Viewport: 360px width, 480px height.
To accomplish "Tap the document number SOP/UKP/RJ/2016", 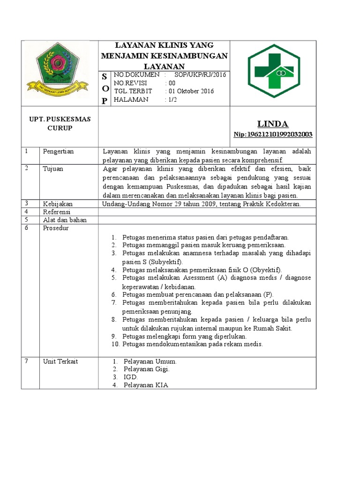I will (x=200, y=75).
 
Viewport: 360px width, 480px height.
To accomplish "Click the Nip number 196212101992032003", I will (x=273, y=135).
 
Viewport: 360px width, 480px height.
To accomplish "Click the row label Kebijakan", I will (x=58, y=204).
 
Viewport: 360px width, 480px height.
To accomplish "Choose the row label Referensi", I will (x=57, y=212).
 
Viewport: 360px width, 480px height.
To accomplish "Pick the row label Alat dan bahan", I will (x=65, y=220).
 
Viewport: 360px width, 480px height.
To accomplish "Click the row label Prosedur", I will (x=56, y=228).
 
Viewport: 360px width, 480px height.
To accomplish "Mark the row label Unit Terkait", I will (x=60, y=361).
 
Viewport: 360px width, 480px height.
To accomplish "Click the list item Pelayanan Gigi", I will (x=146, y=369).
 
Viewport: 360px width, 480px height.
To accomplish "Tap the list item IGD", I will (x=131, y=377).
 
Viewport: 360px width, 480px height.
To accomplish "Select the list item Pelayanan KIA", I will (x=145, y=385).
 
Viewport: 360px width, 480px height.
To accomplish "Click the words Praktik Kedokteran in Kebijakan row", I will (x=274, y=204).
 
